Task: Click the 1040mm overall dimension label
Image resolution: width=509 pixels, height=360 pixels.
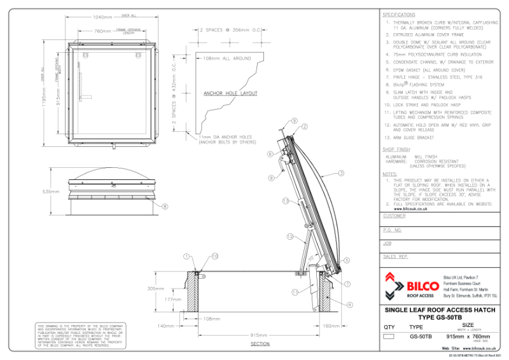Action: click(x=102, y=17)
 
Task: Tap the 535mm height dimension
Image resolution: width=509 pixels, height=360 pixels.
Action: click(x=51, y=191)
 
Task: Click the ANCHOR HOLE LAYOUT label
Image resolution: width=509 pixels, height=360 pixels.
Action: click(x=230, y=93)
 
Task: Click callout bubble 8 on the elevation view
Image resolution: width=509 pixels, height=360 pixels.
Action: click(x=165, y=206)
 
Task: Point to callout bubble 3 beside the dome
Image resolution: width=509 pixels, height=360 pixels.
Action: click(x=341, y=173)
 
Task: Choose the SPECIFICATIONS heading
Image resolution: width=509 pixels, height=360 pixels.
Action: click(x=399, y=14)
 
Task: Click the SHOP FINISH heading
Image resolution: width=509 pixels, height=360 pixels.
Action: click(x=396, y=149)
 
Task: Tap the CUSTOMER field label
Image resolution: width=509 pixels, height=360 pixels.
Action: click(x=394, y=216)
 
